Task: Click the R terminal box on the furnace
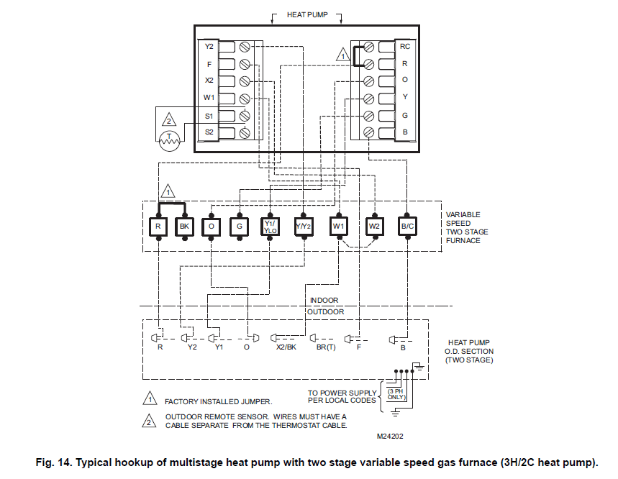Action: pyautogui.click(x=158, y=227)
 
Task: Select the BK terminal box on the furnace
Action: pyautogui.click(x=184, y=227)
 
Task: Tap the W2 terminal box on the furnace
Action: pyautogui.click(x=374, y=227)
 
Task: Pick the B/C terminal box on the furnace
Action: pyautogui.click(x=406, y=227)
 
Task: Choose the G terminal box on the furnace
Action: pyautogui.click(x=240, y=227)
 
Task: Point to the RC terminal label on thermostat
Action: pyautogui.click(x=404, y=46)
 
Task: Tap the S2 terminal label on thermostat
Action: pyautogui.click(x=209, y=132)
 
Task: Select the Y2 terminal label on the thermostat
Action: pyautogui.click(x=209, y=47)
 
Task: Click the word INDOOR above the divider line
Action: pyautogui.click(x=324, y=300)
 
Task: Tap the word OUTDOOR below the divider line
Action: pyautogui.click(x=326, y=312)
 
